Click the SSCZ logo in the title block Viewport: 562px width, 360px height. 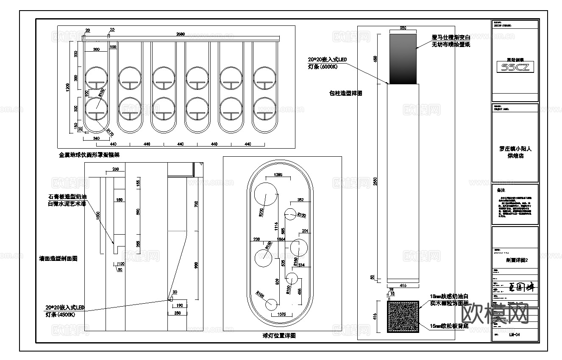(x=515, y=67)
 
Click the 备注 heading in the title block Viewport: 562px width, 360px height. (x=501, y=190)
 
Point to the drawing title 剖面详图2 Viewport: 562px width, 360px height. (x=515, y=260)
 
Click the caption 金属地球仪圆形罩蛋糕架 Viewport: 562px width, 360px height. (x=89, y=155)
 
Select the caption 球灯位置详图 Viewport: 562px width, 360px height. (x=278, y=335)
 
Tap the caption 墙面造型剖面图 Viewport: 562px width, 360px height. (x=58, y=258)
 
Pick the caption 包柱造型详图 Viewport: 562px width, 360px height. (x=346, y=93)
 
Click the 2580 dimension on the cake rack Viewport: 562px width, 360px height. (x=180, y=34)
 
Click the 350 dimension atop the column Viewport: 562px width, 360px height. (x=403, y=28)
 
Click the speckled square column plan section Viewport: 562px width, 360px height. (x=403, y=317)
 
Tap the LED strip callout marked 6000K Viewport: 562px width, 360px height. (x=327, y=63)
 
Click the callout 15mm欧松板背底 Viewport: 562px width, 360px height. (x=449, y=326)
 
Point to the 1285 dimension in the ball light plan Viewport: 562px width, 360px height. (x=278, y=174)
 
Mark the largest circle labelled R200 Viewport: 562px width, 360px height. (x=264, y=195)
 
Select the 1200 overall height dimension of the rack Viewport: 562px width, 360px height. (x=67, y=87)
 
